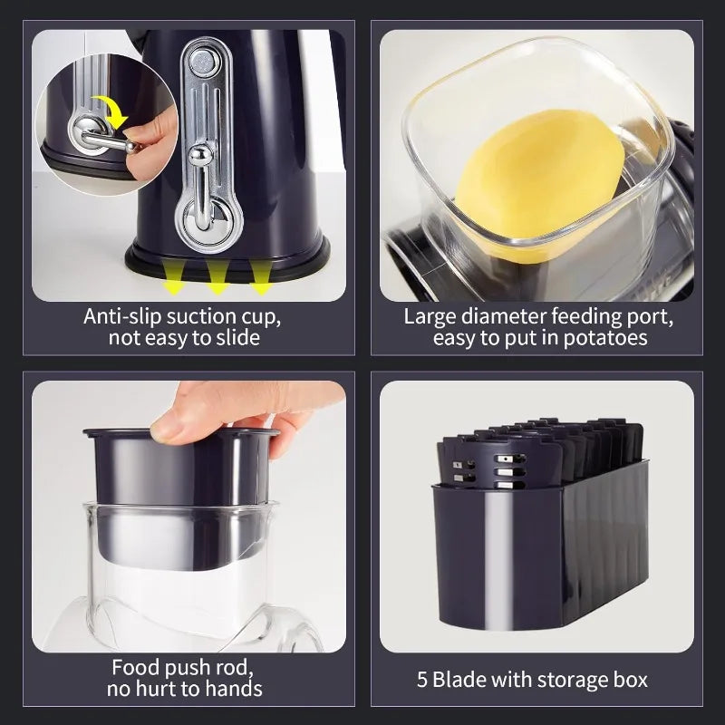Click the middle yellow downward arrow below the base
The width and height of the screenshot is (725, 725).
coord(217,276)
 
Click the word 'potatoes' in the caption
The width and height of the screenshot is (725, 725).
coord(604,338)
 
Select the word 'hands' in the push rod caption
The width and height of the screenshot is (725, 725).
coord(236,690)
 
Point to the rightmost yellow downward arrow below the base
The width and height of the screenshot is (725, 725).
coord(260,276)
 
